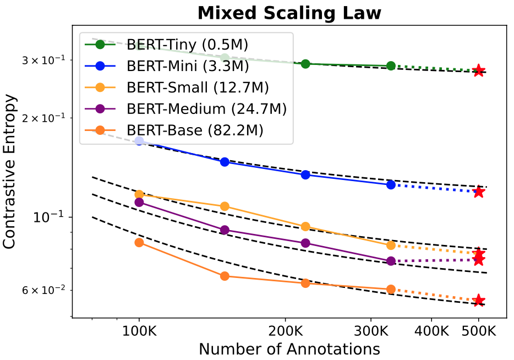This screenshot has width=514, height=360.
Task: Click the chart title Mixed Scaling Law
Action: (x=289, y=13)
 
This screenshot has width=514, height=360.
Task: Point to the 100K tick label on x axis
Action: (x=139, y=332)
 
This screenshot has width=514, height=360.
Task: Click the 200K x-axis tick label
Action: (x=285, y=332)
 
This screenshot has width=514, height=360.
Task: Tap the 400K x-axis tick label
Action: (x=431, y=332)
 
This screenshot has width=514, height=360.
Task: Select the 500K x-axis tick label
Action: (x=479, y=332)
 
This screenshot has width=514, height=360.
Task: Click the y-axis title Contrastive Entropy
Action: (x=9, y=172)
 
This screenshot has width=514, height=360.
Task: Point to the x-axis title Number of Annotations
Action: (x=289, y=350)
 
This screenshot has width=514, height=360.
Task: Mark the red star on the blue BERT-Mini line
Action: (x=479, y=192)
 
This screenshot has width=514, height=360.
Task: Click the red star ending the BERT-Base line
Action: (x=479, y=300)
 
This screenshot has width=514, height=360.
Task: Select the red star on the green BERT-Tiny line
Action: (x=479, y=70)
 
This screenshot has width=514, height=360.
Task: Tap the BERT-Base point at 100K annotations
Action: (x=139, y=243)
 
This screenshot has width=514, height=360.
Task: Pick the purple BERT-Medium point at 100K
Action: (x=139, y=203)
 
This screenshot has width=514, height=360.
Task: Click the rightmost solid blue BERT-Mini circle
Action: (x=391, y=184)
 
